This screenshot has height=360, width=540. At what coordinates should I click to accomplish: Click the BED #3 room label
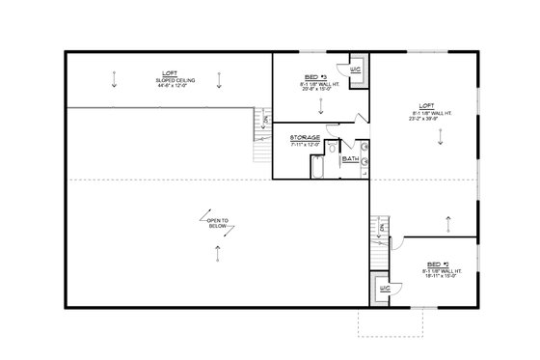(x=313, y=76)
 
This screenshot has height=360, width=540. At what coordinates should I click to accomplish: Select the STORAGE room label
(x=305, y=138)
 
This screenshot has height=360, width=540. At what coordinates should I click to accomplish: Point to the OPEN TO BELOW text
(x=217, y=223)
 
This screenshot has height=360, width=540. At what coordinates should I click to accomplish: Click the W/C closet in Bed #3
(x=355, y=70)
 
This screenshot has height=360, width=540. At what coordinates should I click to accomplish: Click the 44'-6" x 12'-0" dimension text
(x=169, y=87)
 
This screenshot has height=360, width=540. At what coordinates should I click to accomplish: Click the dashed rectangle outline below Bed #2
(x=391, y=321)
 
